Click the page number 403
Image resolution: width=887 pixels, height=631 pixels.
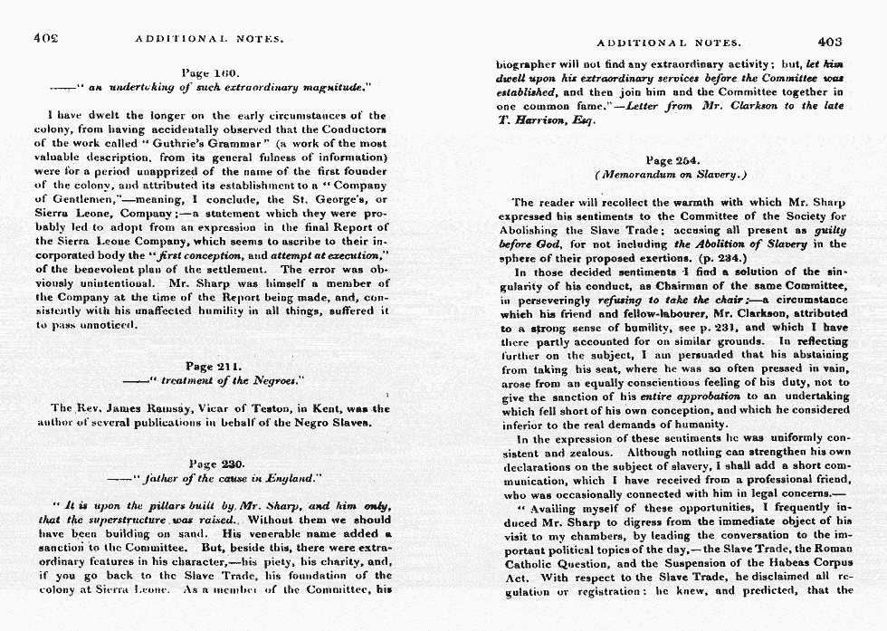829,42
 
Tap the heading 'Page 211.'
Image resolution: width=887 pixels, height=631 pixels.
212,367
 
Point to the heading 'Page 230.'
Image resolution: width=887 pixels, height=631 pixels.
209,464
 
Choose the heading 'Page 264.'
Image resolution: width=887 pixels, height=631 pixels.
672,159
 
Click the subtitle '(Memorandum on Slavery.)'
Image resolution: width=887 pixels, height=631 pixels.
671,175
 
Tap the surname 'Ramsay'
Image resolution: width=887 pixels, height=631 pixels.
171,408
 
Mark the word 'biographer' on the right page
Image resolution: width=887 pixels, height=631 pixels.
532,64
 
